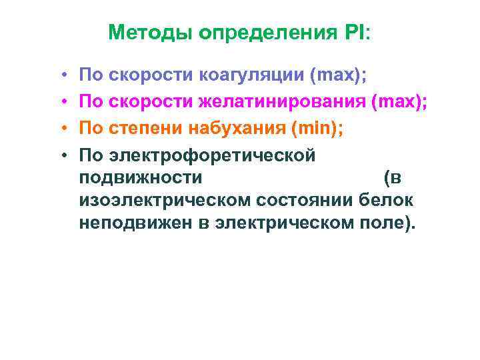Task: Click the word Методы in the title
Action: pos(148,33)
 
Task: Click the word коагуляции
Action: pos(253,76)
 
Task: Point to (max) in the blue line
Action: pos(337,76)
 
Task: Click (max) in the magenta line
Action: pos(399,103)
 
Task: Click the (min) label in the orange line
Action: pos(312,129)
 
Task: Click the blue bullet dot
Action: pos(61,77)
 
